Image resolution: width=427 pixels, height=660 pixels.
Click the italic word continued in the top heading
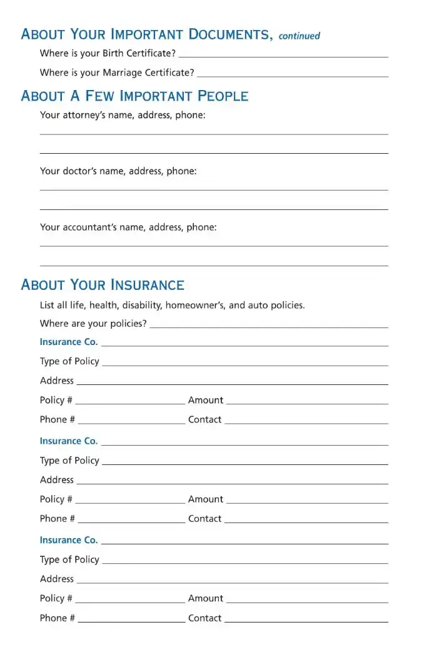[299, 36]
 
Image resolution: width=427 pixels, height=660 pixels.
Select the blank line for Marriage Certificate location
[292, 76]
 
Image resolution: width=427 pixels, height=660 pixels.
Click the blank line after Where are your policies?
[269, 326]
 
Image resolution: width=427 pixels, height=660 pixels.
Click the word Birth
[114, 53]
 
